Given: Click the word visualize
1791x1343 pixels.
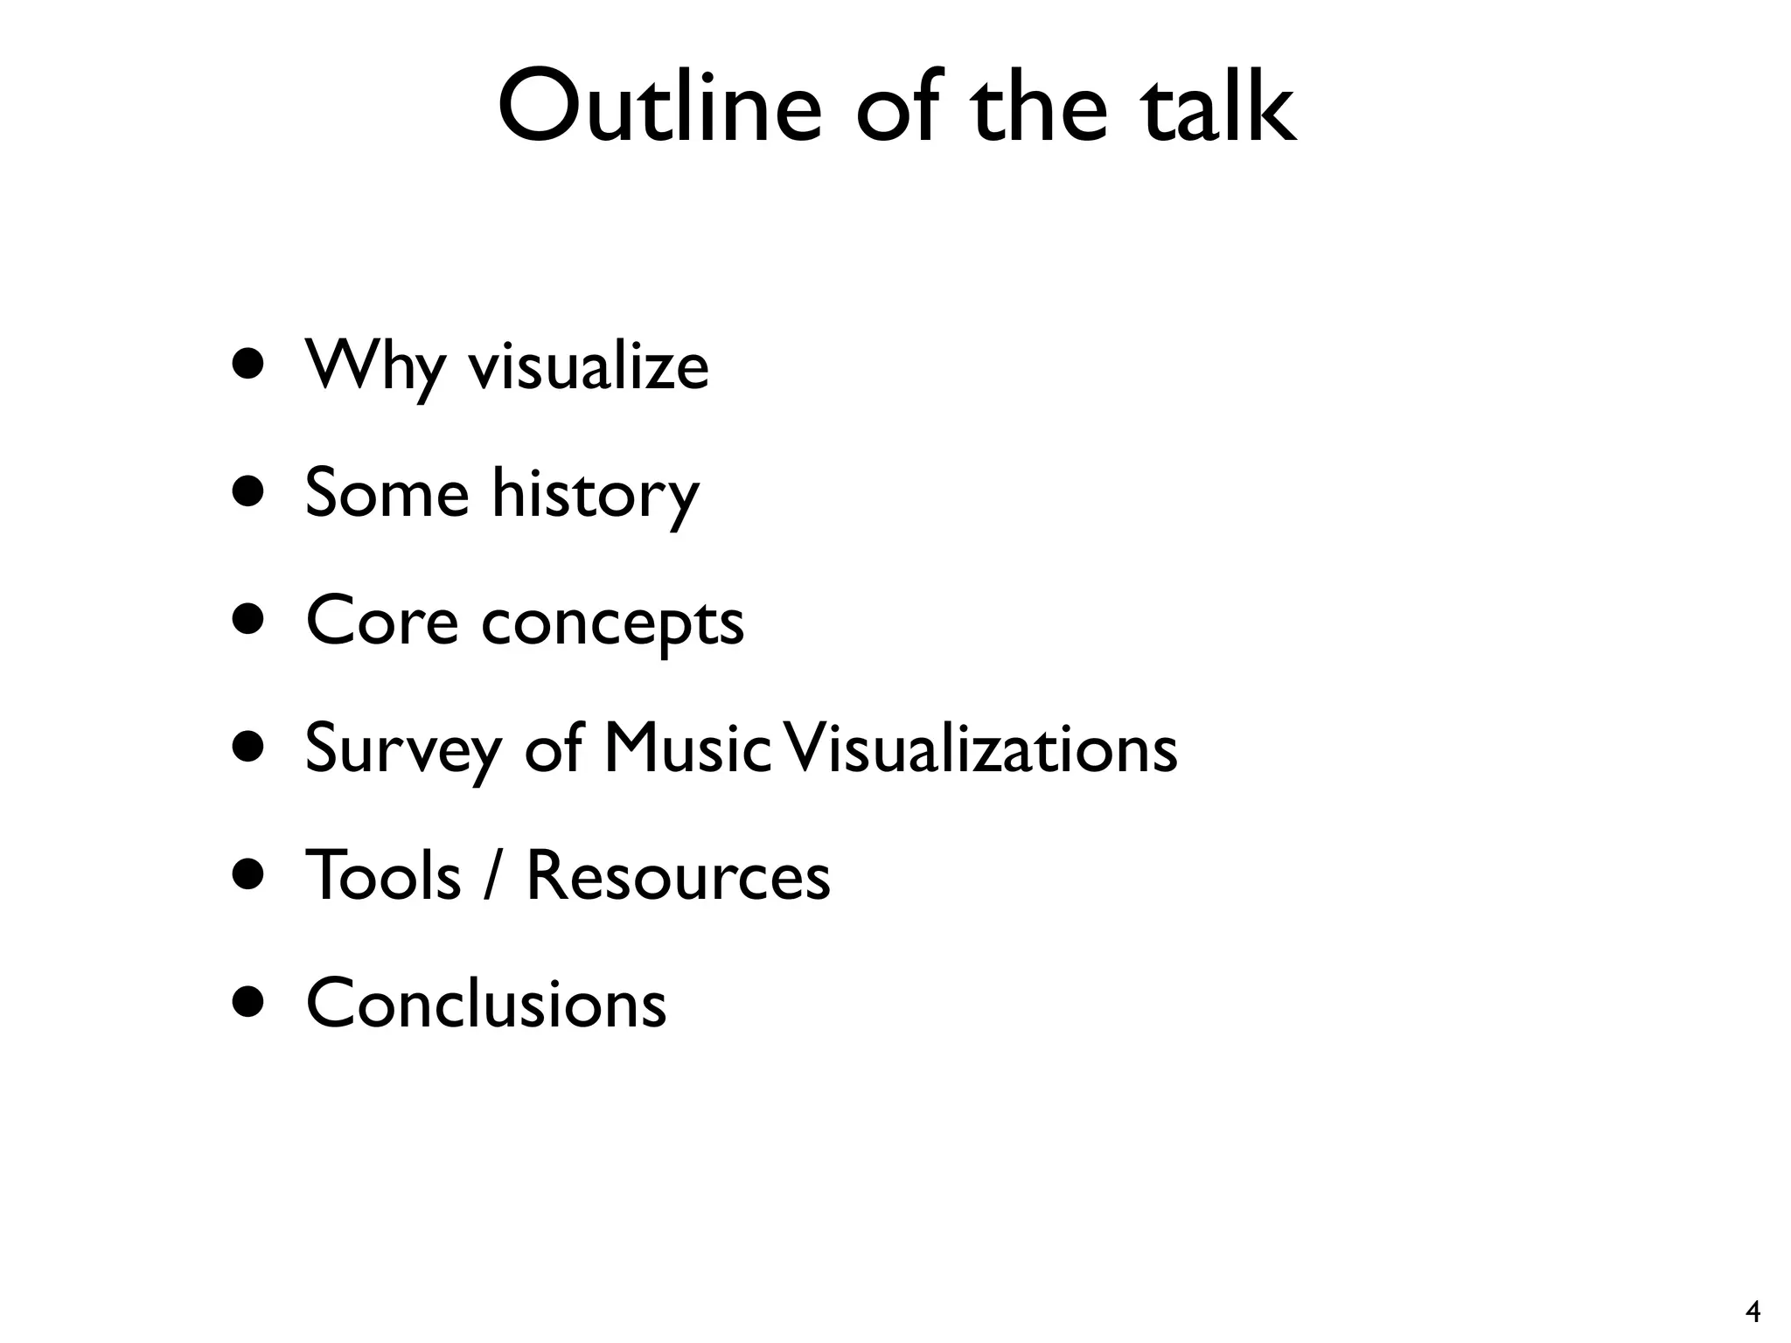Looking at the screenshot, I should tap(589, 365).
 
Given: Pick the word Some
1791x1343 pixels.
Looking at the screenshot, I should tap(387, 493).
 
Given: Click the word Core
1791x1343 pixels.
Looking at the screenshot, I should tap(382, 621).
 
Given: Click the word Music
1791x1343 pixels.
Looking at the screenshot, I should tap(687, 748).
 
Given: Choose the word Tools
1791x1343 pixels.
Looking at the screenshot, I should tap(383, 875).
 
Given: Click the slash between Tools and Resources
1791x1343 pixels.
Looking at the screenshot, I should tap(493, 876).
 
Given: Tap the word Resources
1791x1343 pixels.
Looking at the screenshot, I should tap(678, 875).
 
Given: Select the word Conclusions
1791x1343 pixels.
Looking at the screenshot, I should tap(486, 1003).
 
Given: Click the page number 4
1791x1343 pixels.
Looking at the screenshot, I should tap(1753, 1312).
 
